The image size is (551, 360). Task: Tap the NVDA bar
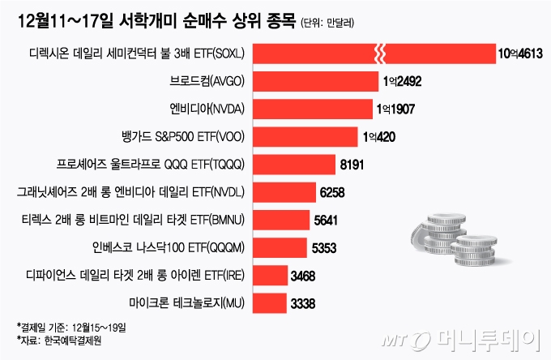tap(314, 109)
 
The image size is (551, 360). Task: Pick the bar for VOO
tap(307, 136)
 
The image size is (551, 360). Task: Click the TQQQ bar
tap(295, 165)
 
